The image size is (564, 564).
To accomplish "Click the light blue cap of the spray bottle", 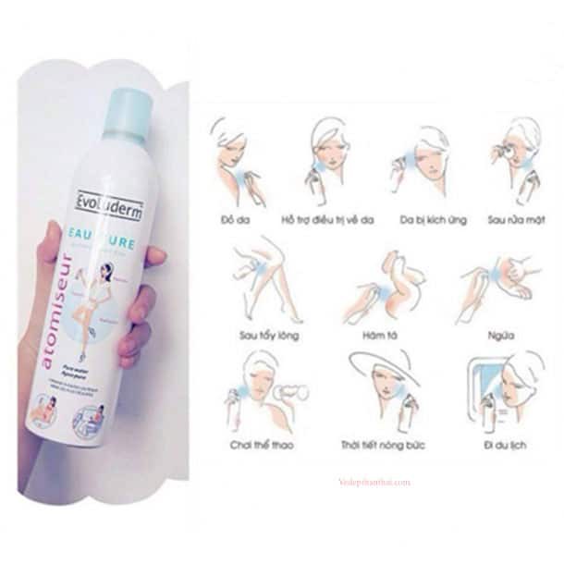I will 129,111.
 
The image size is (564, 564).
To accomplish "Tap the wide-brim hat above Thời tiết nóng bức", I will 380,366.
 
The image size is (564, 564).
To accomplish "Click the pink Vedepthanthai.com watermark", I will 374,482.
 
